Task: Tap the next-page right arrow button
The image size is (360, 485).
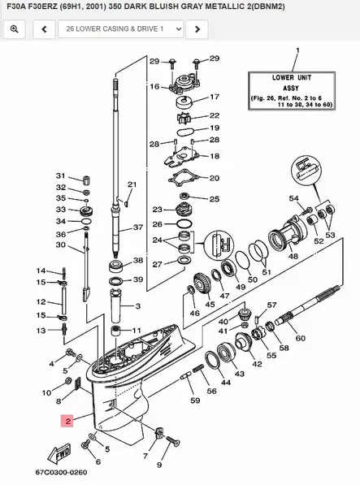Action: pyautogui.click(x=195, y=29)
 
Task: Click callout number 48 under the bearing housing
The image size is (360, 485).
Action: pyautogui.click(x=293, y=256)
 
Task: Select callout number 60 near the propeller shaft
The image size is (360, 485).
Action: pyautogui.click(x=301, y=338)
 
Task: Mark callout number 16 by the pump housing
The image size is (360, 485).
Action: pyautogui.click(x=154, y=86)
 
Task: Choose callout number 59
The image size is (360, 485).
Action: pyautogui.click(x=194, y=400)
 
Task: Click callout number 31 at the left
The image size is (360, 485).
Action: pyautogui.click(x=59, y=175)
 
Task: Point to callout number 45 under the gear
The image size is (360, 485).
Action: pyautogui.click(x=210, y=305)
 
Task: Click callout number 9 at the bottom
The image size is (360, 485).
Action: pyautogui.click(x=159, y=465)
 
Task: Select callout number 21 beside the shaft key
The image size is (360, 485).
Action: pyautogui.click(x=132, y=185)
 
